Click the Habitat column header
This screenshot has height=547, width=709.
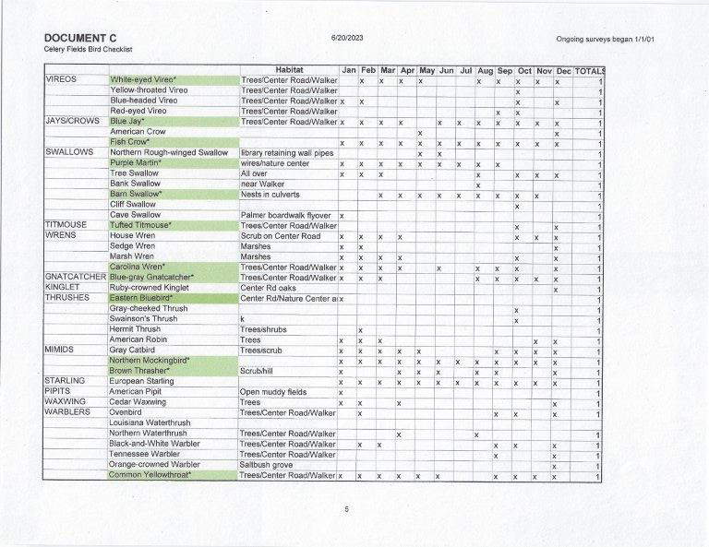tap(289, 70)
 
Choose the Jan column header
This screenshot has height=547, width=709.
tap(348, 70)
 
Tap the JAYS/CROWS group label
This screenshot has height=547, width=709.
tap(71, 121)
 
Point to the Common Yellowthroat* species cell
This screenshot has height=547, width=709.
tap(150, 475)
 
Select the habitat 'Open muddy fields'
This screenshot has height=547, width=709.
tap(273, 392)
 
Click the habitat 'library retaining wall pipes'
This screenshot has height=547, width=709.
tap(286, 152)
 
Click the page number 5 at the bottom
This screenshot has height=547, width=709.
tap(346, 509)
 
